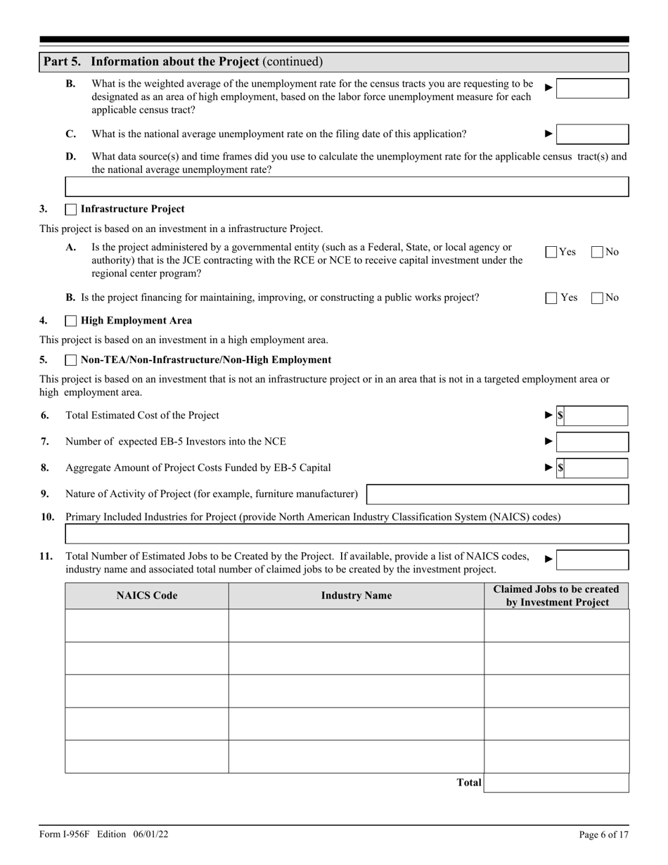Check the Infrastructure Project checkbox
pos(70,209)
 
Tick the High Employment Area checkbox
pos(70,321)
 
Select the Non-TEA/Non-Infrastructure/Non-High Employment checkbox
pos(70,360)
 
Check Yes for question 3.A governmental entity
pos(552,252)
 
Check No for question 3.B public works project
pos(598,297)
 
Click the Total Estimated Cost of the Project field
pos(595,416)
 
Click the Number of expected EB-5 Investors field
pos(592,442)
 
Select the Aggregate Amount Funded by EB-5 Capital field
pos(595,468)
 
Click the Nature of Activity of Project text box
pos(497,494)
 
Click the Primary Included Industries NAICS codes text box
pos(347,534)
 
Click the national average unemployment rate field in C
pos(592,134)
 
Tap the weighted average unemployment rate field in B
pos(592,89)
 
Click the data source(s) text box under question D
pos(347,186)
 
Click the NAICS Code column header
pos(147,596)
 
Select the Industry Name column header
pos(357,596)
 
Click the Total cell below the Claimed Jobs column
pos(556,783)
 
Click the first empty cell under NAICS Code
pos(147,625)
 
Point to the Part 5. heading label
pos(62,62)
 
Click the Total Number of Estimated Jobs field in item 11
pos(592,560)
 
